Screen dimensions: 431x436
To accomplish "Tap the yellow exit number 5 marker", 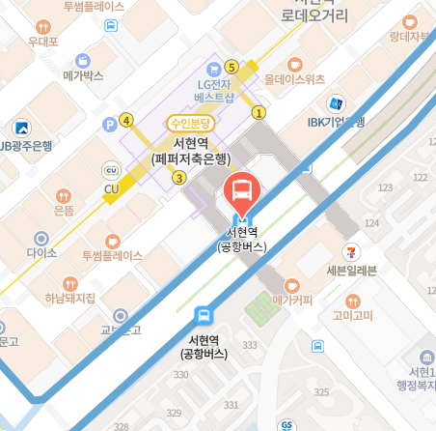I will pyautogui.click(x=231, y=67).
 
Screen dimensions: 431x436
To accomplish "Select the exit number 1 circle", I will pyautogui.click(x=259, y=113).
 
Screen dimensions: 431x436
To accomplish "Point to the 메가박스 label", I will pyautogui.click(x=82, y=74).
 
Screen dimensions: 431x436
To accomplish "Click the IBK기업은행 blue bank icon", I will pyautogui.click(x=336, y=103).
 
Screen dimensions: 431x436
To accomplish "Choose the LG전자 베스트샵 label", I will pyautogui.click(x=215, y=91).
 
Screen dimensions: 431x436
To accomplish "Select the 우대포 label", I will pyautogui.click(x=43, y=42).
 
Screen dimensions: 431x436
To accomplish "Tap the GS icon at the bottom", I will pyautogui.click(x=286, y=425).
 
